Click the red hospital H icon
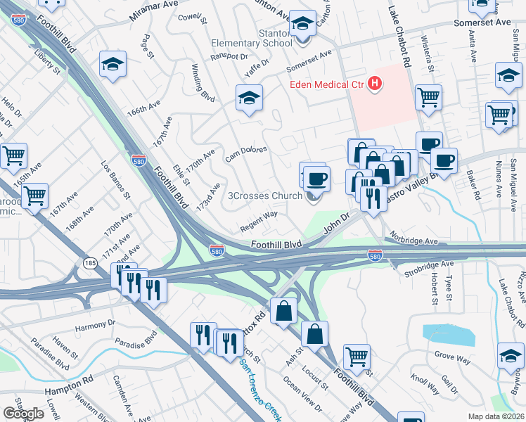pyautogui.click(x=375, y=84)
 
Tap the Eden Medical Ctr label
pyautogui.click(x=328, y=85)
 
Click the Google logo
pyautogui.click(x=23, y=413)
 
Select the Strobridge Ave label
pyautogui.click(x=428, y=265)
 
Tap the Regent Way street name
pyautogui.click(x=259, y=223)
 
